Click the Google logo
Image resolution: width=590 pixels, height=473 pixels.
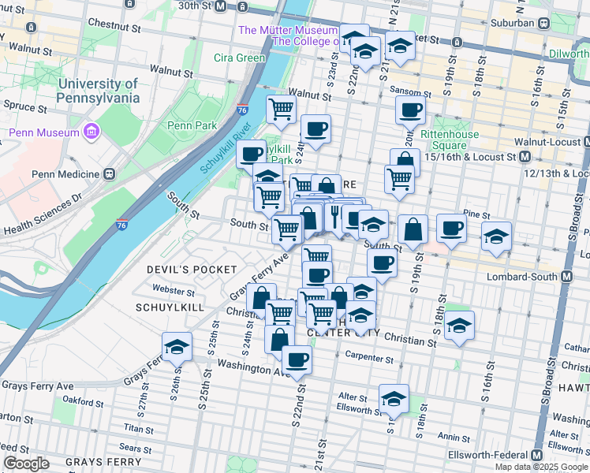pyautogui.click(x=26, y=463)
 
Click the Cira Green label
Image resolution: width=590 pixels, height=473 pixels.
pyautogui.click(x=239, y=58)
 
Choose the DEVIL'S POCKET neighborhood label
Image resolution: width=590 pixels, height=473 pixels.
pyautogui.click(x=192, y=270)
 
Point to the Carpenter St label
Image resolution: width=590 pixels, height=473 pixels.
pyautogui.click(x=368, y=358)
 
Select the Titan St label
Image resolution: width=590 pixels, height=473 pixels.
pyautogui.click(x=138, y=429)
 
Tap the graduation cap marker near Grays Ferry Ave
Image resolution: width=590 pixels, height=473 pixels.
pyautogui.click(x=177, y=346)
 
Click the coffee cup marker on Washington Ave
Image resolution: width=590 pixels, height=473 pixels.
pyautogui.click(x=297, y=359)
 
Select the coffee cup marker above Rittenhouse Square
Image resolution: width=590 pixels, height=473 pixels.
pyautogui.click(x=409, y=111)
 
